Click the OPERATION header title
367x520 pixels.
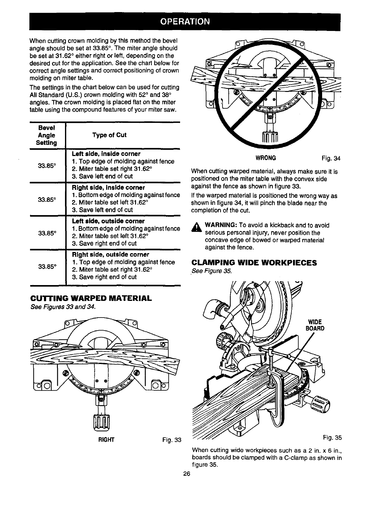pyautogui.click(x=185, y=22)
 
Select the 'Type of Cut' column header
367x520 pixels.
pyautogui.click(x=109, y=135)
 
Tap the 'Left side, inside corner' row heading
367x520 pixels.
pyautogui.click(x=106, y=154)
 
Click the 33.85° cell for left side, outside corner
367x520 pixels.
pyautogui.click(x=47, y=232)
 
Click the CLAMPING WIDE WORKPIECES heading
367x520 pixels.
pyautogui.click(x=254, y=263)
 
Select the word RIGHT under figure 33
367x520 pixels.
pyautogui.click(x=106, y=440)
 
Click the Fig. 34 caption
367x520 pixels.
pyautogui.click(x=331, y=158)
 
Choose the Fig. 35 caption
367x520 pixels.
pyautogui.click(x=332, y=438)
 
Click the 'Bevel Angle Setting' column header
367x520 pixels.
pyautogui.click(x=47, y=135)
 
